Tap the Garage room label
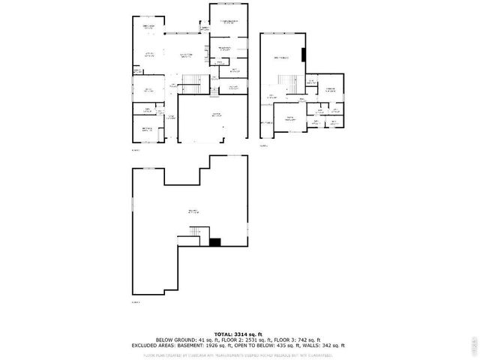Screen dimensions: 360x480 coord(216,115)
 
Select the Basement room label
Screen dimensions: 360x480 coord(193,212)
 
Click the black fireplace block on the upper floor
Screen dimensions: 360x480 coord(304,56)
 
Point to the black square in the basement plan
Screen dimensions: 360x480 coord(215,241)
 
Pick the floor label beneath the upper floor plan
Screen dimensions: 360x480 coord(264,146)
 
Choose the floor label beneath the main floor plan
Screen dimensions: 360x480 coord(136,149)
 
